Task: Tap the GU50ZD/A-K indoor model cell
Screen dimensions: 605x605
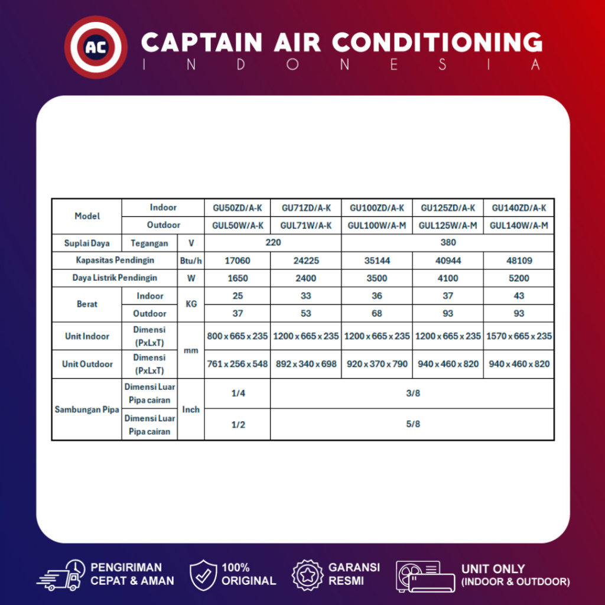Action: pos(238,208)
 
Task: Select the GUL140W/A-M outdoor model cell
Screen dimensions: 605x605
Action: pos(519,225)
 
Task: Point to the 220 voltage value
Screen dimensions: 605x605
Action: pos(273,243)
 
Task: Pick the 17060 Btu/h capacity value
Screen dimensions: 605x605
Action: pos(238,261)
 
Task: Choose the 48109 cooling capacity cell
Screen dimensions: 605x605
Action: pos(519,261)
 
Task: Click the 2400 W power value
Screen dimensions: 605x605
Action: pos(305,278)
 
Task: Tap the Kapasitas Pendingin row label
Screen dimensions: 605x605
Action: pos(115,261)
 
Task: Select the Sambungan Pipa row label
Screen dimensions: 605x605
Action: pos(86,409)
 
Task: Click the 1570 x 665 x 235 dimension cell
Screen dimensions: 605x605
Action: pos(519,336)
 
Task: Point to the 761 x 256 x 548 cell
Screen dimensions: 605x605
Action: pos(238,364)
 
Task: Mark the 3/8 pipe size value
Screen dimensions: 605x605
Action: pos(413,393)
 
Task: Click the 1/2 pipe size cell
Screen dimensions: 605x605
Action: pos(238,424)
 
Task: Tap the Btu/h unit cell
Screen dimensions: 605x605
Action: pos(191,261)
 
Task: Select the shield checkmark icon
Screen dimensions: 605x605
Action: pos(203,574)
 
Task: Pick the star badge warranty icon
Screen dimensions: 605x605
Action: pos(307,574)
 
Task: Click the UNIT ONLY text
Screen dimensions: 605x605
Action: pos(493,570)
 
